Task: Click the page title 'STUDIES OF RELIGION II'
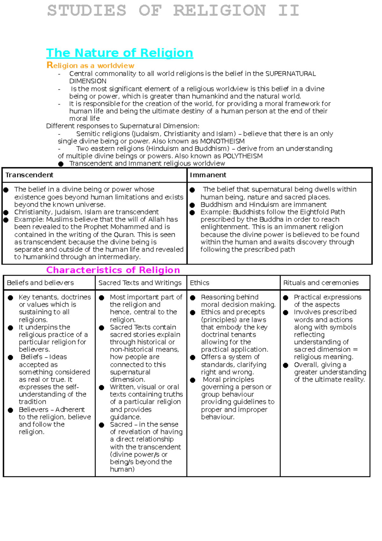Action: [x=173, y=11]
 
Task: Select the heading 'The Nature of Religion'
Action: [x=120, y=53]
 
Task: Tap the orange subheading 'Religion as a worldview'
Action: [x=90, y=66]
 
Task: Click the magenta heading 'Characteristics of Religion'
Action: [x=113, y=270]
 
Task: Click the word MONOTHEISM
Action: [x=222, y=141]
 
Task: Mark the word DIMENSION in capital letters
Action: [x=88, y=81]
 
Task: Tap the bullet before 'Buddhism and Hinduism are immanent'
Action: [x=192, y=205]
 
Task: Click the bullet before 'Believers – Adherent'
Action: [x=11, y=410]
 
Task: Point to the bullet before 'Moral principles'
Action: [x=193, y=380]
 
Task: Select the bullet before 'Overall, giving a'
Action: [x=286, y=365]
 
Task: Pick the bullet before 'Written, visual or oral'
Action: [x=102, y=387]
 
